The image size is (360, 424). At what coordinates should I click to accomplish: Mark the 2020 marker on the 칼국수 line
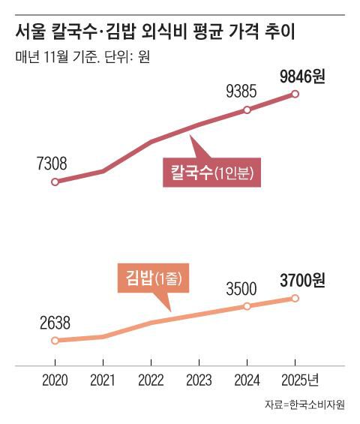54,182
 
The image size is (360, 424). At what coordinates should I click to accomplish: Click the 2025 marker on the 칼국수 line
295,94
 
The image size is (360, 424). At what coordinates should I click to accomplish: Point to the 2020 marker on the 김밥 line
54,340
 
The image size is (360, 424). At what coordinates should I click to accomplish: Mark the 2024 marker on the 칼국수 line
247,110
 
